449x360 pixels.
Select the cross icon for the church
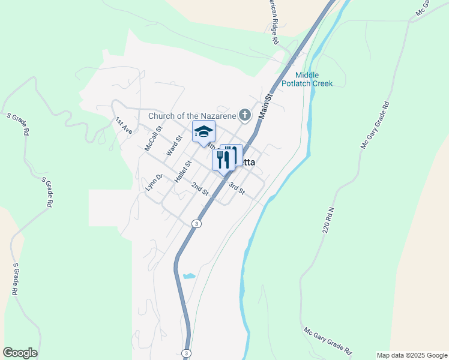[244, 115]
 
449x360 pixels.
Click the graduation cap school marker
[203, 131]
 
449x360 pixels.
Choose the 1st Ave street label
[124, 125]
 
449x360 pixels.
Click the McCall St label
[154, 138]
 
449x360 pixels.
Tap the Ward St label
[174, 145]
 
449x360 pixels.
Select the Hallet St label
[182, 172]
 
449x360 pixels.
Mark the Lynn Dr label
[154, 182]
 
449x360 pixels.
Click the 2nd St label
[200, 189]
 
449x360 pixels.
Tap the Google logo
[20, 353]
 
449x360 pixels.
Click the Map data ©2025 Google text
[411, 355]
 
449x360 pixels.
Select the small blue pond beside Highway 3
[189, 276]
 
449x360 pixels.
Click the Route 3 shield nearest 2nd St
[196, 224]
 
